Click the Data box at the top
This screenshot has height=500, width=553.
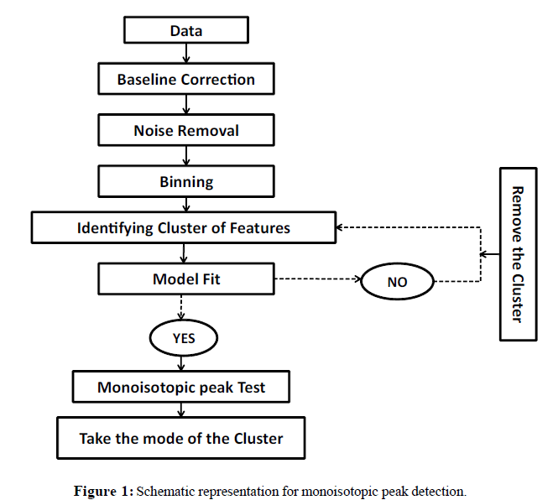point(186,31)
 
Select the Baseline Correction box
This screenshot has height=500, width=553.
point(186,80)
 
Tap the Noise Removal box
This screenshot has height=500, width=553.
point(186,130)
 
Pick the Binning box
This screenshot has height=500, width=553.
point(186,181)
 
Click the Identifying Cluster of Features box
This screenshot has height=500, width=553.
point(183,227)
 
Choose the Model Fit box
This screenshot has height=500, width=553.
point(186,279)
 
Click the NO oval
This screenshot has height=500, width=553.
point(397,282)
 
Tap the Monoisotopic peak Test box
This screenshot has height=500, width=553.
point(181,388)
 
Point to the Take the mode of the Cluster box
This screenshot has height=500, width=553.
point(181,438)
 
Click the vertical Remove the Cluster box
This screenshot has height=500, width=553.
point(518,254)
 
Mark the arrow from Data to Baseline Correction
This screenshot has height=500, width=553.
point(186,53)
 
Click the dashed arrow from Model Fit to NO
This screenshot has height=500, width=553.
point(316,279)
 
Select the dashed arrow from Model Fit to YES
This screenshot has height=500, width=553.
point(182,307)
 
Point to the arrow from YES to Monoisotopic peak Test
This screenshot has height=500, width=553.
point(182,362)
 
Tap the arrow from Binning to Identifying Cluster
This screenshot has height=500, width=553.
point(186,204)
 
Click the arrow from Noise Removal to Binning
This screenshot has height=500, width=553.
point(186,156)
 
